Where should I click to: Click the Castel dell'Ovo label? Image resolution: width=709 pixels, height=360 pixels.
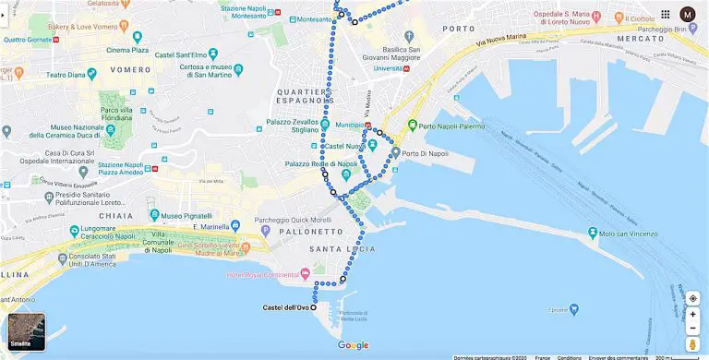pos(284,307)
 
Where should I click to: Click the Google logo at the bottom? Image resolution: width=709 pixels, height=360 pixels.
pos(353,345)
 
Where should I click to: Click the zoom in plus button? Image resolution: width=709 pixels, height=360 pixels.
pos(692,313)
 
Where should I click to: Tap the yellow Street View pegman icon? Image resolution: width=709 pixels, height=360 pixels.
pos(692,343)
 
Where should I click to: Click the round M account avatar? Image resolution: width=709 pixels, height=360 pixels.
pos(688,14)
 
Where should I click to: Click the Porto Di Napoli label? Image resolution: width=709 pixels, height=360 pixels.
pos(425,152)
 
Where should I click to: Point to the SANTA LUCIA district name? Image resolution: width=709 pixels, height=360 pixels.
pos(342,250)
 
